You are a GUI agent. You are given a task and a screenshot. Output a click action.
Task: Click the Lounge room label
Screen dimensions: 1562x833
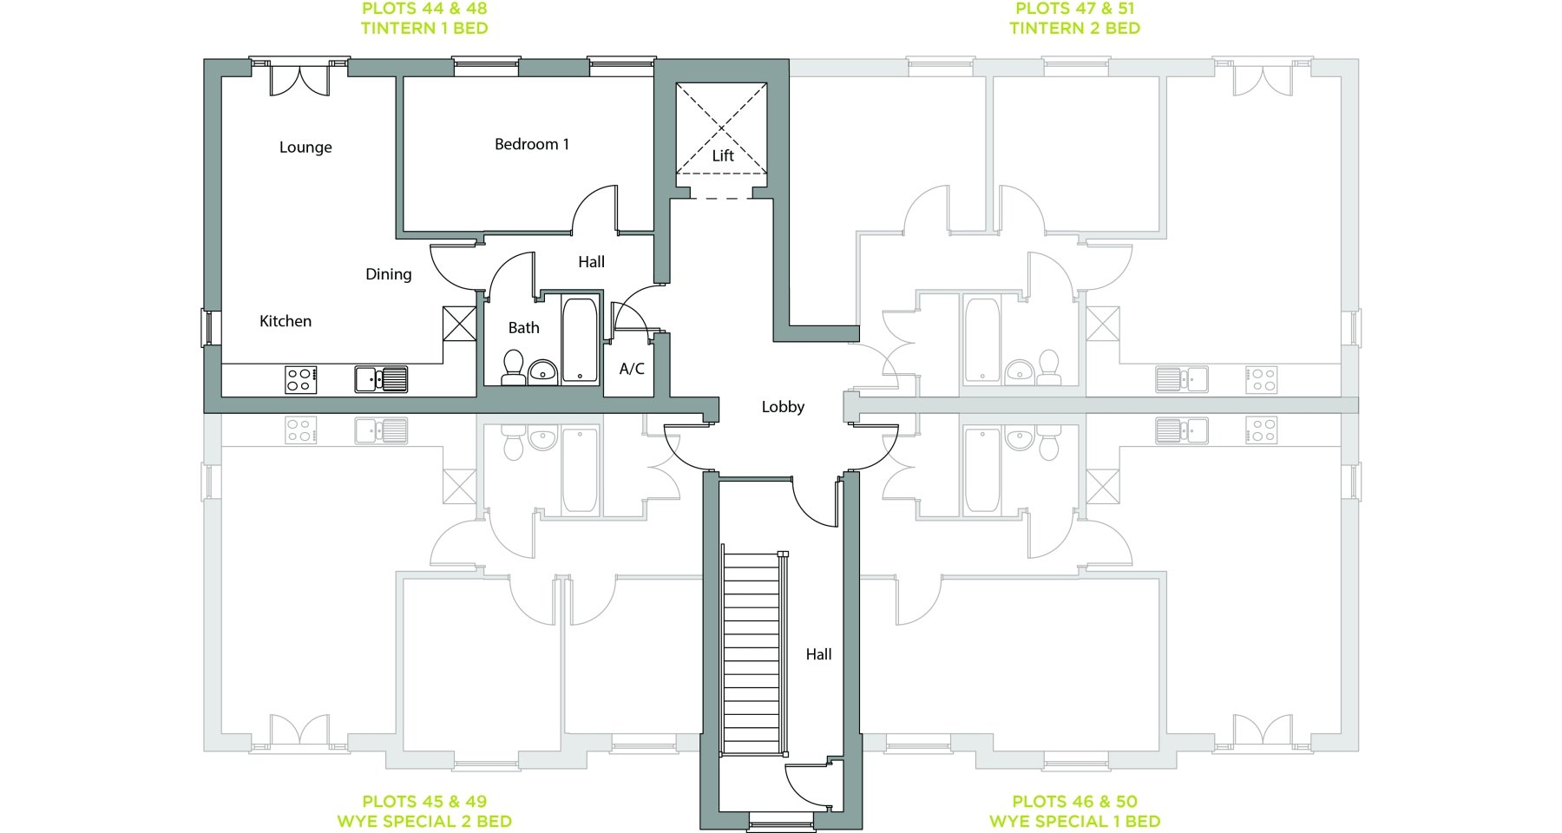pos(305,148)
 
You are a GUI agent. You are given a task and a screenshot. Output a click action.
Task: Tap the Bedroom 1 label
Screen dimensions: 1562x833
pos(532,144)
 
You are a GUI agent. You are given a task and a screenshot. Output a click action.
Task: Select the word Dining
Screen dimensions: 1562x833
pos(389,274)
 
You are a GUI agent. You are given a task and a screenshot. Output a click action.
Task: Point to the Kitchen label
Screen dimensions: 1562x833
pos(285,321)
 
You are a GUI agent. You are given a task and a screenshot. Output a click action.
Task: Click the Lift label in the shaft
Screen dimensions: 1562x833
pos(723,155)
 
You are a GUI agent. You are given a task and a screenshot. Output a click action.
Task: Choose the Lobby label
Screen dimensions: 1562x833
pos(783,407)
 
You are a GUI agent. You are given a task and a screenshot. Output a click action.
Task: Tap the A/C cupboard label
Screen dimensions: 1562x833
pos(632,369)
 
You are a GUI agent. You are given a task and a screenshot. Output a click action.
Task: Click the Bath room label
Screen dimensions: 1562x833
pos(523,327)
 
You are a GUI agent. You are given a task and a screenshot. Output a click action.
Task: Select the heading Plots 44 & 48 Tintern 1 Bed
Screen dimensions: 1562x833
pos(424,18)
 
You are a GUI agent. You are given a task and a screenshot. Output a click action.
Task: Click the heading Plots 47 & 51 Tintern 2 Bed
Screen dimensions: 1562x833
pos(1074,18)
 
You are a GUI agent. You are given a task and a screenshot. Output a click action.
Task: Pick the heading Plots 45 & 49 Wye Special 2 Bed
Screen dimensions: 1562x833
pos(424,811)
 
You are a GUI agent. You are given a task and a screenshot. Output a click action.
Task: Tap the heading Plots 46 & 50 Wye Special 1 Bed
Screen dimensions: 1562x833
pos(1074,811)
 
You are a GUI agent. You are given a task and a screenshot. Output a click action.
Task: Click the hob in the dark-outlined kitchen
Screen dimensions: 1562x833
pos(301,380)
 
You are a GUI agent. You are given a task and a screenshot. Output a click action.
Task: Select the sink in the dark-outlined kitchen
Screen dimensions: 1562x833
pos(381,380)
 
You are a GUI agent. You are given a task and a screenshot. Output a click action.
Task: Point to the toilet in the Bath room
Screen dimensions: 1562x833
pos(514,368)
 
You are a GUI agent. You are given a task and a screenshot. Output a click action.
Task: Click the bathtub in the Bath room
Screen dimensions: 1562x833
pos(580,340)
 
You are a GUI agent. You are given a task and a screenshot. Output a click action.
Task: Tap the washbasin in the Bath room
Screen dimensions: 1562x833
pos(543,371)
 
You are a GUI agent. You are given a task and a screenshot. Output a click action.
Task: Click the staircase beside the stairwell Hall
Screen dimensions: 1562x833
pos(753,653)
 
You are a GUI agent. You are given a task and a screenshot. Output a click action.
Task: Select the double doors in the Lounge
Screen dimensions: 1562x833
pos(300,78)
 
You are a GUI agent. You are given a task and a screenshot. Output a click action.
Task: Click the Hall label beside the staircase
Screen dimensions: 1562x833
pos(818,654)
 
